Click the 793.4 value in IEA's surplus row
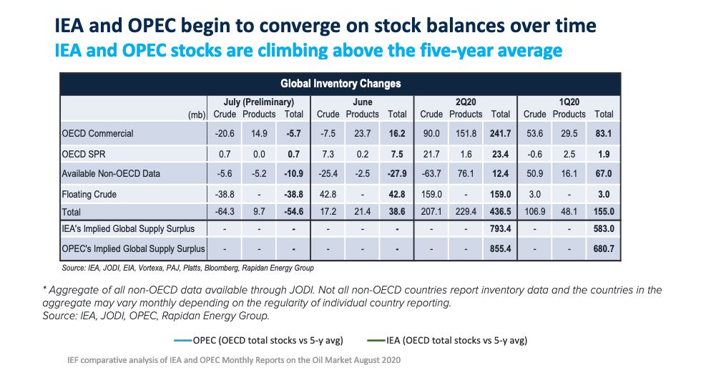pos(501,229)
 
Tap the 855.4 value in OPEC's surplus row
pos(501,248)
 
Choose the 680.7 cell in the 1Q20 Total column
pos(604,248)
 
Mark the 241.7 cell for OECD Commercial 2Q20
pos(501,133)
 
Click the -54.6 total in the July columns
pos(293,212)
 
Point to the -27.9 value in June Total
pos(396,173)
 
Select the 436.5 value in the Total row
pos(501,212)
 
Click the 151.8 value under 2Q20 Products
pos(466,133)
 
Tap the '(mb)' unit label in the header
pos(197,115)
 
